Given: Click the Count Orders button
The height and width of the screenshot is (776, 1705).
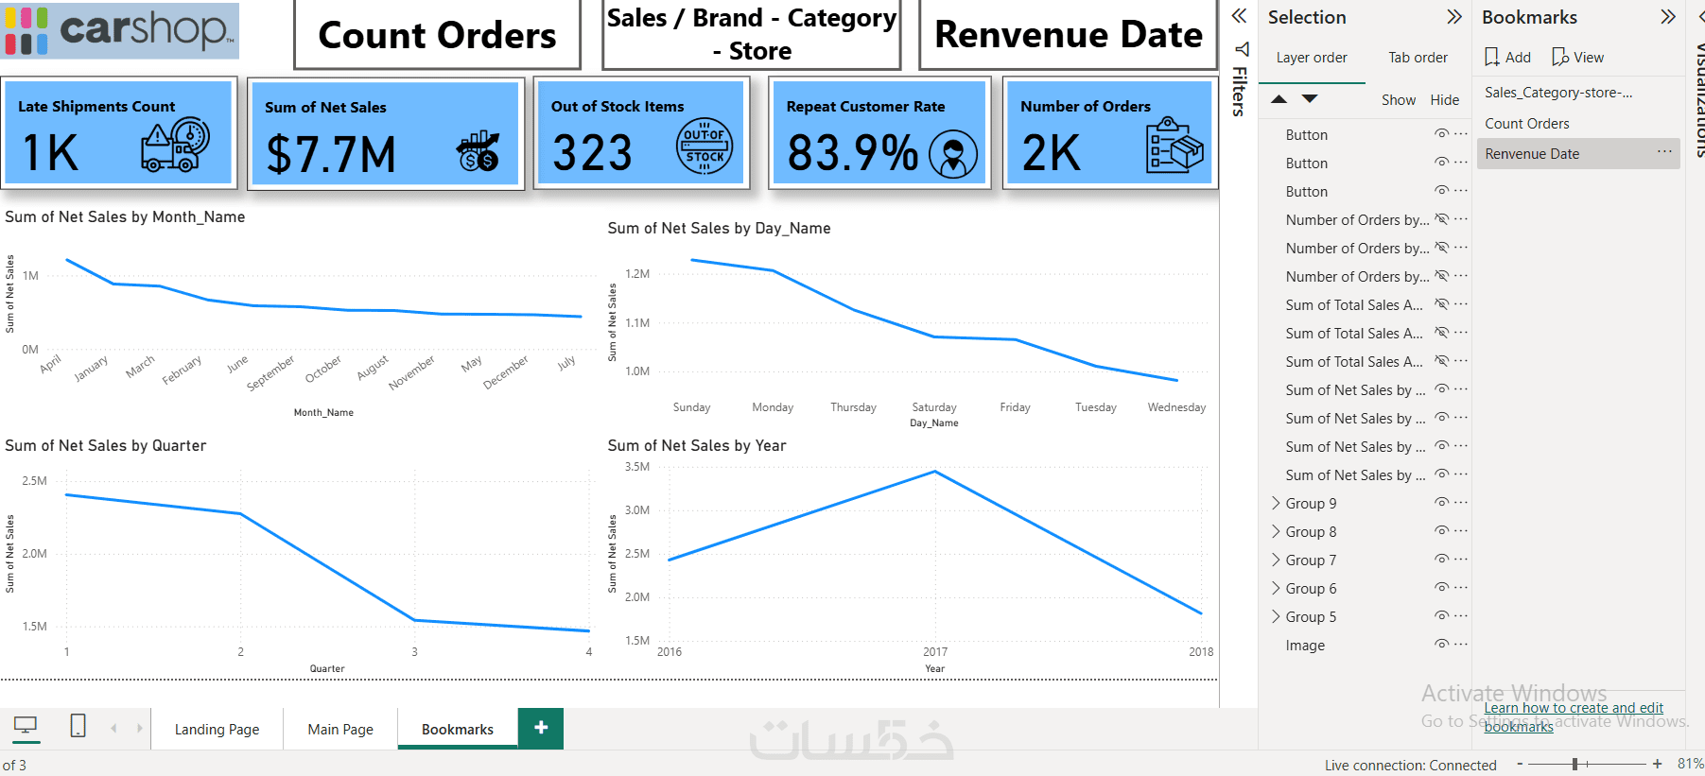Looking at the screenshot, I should point(437,36).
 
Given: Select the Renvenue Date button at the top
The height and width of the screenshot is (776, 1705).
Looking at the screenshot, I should point(1068,36).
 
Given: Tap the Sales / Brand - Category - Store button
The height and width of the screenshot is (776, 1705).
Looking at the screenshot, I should point(751,34).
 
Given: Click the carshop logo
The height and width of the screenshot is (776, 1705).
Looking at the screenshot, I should point(120,30).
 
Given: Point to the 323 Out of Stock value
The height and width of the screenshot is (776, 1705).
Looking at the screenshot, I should point(592,153).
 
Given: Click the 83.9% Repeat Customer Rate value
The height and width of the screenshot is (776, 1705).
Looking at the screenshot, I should point(852,153).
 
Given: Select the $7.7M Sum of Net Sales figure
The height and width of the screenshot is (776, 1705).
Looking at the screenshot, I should point(331,155).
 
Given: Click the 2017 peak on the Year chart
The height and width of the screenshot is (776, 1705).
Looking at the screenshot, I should point(934,472).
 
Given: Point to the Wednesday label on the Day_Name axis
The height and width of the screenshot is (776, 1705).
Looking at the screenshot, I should point(1176,407).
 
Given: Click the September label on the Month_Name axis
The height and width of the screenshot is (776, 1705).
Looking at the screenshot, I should point(270,373).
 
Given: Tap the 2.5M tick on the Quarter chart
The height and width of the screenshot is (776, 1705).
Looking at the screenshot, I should point(35,481).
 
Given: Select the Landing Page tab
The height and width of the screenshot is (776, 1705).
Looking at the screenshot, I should point(217,730).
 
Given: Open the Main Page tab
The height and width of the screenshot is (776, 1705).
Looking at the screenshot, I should point(340,730).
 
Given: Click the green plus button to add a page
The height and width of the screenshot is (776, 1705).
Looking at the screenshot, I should point(541,728).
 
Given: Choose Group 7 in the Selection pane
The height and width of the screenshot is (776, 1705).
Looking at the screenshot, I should point(1311,560).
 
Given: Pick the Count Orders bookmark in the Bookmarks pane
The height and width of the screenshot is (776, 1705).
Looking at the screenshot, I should point(1526,124).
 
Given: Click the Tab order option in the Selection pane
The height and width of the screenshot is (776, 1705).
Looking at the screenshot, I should point(1418,58).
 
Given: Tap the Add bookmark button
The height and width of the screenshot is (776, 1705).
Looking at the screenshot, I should point(1508,58).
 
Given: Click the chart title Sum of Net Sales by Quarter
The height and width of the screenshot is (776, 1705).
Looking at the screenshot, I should point(106,446).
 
